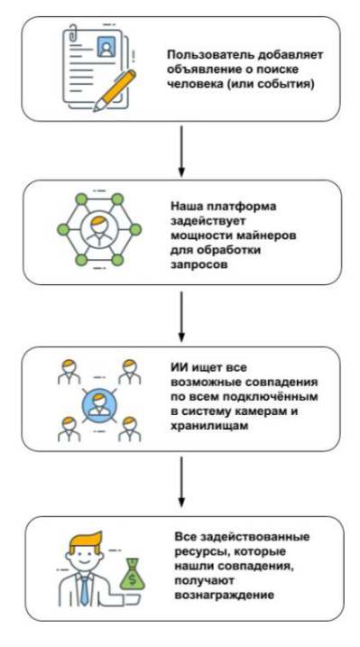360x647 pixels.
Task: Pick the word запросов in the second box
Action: [194, 266]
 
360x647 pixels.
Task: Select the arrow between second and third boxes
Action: [181, 313]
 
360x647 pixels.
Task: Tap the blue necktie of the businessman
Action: [82, 591]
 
